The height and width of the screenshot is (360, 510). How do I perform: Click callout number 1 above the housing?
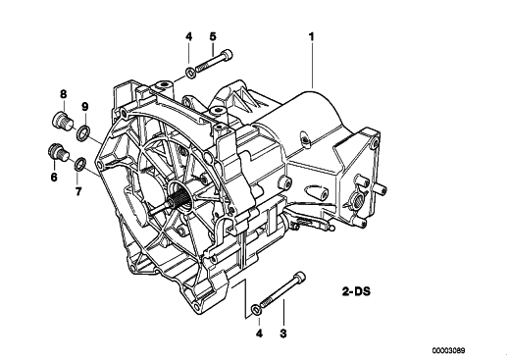[x=312, y=36]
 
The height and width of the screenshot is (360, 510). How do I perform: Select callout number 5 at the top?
[x=213, y=36]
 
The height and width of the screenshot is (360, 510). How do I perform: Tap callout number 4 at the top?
[x=188, y=36]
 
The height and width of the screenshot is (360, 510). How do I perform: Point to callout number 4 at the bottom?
[x=259, y=334]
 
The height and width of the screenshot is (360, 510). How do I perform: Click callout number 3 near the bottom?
[x=283, y=334]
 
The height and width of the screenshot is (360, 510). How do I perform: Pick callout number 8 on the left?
[x=64, y=94]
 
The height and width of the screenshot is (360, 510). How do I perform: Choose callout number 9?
[x=84, y=107]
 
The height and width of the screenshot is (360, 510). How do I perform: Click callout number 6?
[x=54, y=177]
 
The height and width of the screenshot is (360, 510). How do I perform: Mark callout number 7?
[x=78, y=191]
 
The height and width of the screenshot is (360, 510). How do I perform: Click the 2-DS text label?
[x=357, y=291]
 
